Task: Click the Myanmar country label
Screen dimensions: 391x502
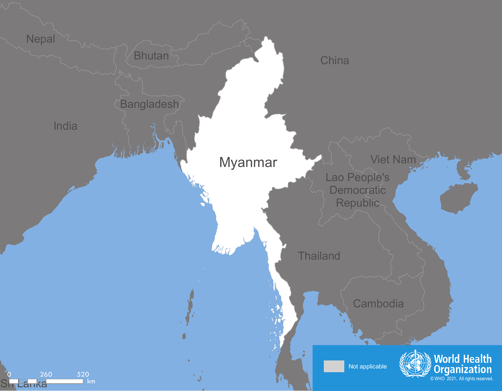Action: (x=248, y=163)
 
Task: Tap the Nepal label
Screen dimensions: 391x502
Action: (x=40, y=39)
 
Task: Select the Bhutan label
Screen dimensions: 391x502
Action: (x=151, y=56)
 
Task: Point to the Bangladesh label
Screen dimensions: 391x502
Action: (x=149, y=104)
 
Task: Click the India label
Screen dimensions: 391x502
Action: (x=65, y=126)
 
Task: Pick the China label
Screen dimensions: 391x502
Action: (x=335, y=60)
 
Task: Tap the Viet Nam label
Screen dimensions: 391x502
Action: (x=393, y=159)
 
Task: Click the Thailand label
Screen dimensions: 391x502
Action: (x=319, y=256)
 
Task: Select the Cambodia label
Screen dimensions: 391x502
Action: (x=378, y=303)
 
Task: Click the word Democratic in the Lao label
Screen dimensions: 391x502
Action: (x=357, y=190)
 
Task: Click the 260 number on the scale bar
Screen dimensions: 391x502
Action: (x=46, y=374)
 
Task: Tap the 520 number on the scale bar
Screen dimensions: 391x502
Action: (x=83, y=374)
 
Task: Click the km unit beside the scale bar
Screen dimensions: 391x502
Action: (x=91, y=381)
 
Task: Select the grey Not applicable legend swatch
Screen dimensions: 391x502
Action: (x=334, y=366)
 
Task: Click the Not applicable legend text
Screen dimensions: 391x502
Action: (x=367, y=367)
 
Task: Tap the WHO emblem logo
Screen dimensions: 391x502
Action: (x=415, y=364)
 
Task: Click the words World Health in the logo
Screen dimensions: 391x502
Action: (x=462, y=359)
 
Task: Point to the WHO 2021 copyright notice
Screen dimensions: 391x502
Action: (x=461, y=379)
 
